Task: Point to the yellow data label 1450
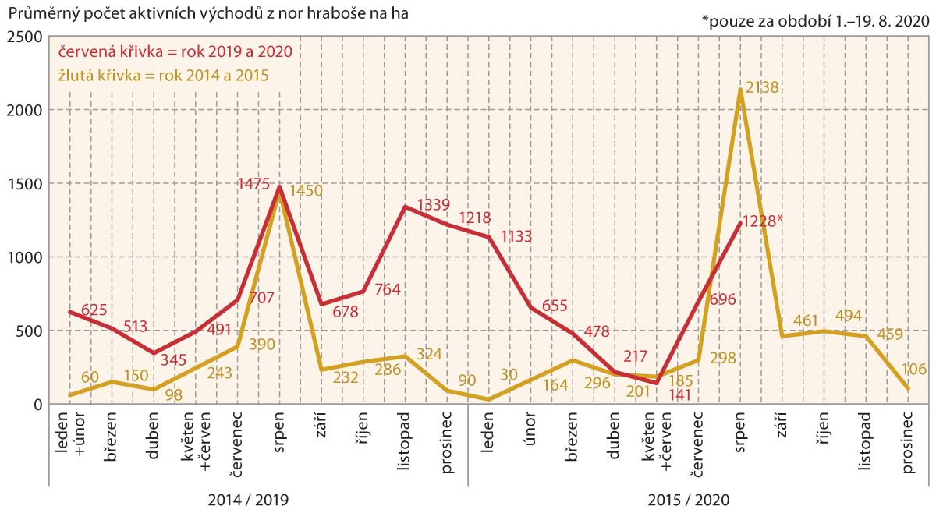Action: coord(306,191)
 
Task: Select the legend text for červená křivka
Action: coord(173,52)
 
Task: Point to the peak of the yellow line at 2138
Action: coord(739,90)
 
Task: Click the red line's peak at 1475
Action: coord(278,187)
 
